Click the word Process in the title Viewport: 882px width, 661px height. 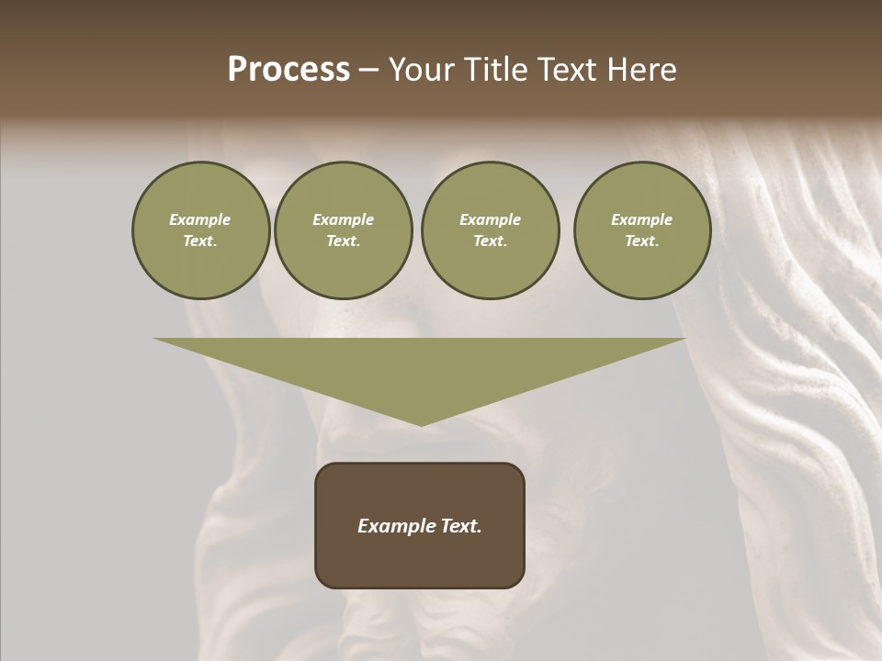tap(288, 70)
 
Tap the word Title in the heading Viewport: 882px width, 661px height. tap(496, 70)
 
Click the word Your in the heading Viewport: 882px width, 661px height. tap(424, 70)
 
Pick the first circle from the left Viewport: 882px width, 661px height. tap(201, 230)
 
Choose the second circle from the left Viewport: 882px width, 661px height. tap(344, 230)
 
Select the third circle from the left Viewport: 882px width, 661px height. tap(490, 230)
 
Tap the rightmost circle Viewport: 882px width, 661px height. tap(642, 230)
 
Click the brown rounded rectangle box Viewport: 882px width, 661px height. tap(420, 525)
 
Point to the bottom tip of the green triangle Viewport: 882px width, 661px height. tap(421, 424)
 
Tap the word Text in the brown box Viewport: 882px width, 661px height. tap(462, 526)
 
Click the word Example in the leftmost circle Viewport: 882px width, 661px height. tap(200, 220)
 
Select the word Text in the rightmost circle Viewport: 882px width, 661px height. tap(641, 241)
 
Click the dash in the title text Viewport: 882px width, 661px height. tap(368, 70)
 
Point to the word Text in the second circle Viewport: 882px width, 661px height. tap(343, 241)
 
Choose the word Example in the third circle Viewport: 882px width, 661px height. tap(490, 220)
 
